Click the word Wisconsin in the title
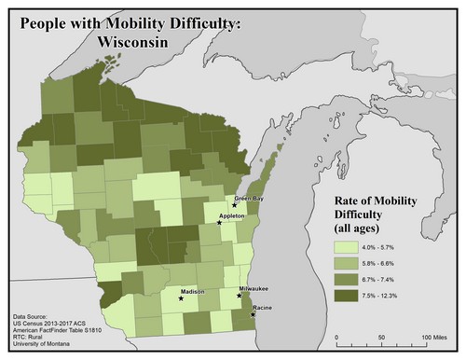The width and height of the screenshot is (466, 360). coord(141,42)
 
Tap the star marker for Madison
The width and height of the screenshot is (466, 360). coord(181,299)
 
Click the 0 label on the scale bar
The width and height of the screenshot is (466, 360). coord(336,337)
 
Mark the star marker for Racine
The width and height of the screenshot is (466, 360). coord(254,315)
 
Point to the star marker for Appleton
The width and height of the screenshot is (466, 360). coord(218,223)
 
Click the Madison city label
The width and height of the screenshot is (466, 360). coord(193,292)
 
